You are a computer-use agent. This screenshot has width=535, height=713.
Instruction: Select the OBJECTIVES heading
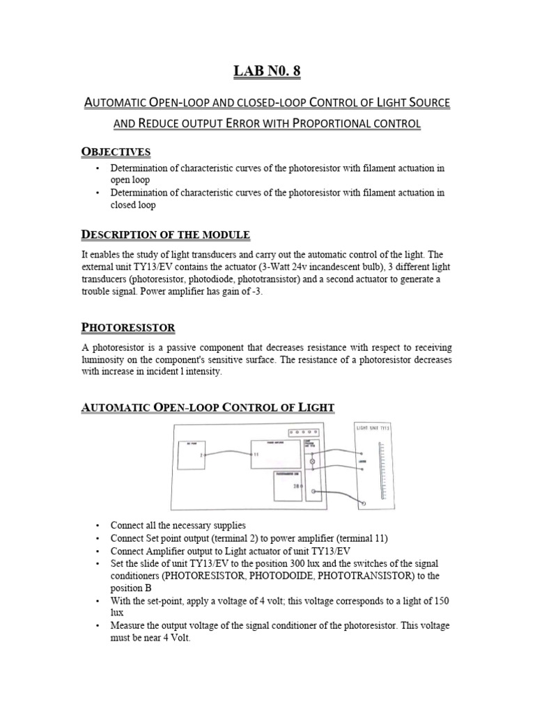116,152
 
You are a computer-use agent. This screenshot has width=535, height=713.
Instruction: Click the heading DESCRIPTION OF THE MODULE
166,234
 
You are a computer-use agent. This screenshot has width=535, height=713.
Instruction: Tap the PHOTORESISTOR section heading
129,327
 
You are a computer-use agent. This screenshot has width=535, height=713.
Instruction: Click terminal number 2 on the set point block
200,455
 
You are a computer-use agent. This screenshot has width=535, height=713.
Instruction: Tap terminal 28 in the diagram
296,487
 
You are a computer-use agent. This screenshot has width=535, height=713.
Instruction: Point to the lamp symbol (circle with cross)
312,462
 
